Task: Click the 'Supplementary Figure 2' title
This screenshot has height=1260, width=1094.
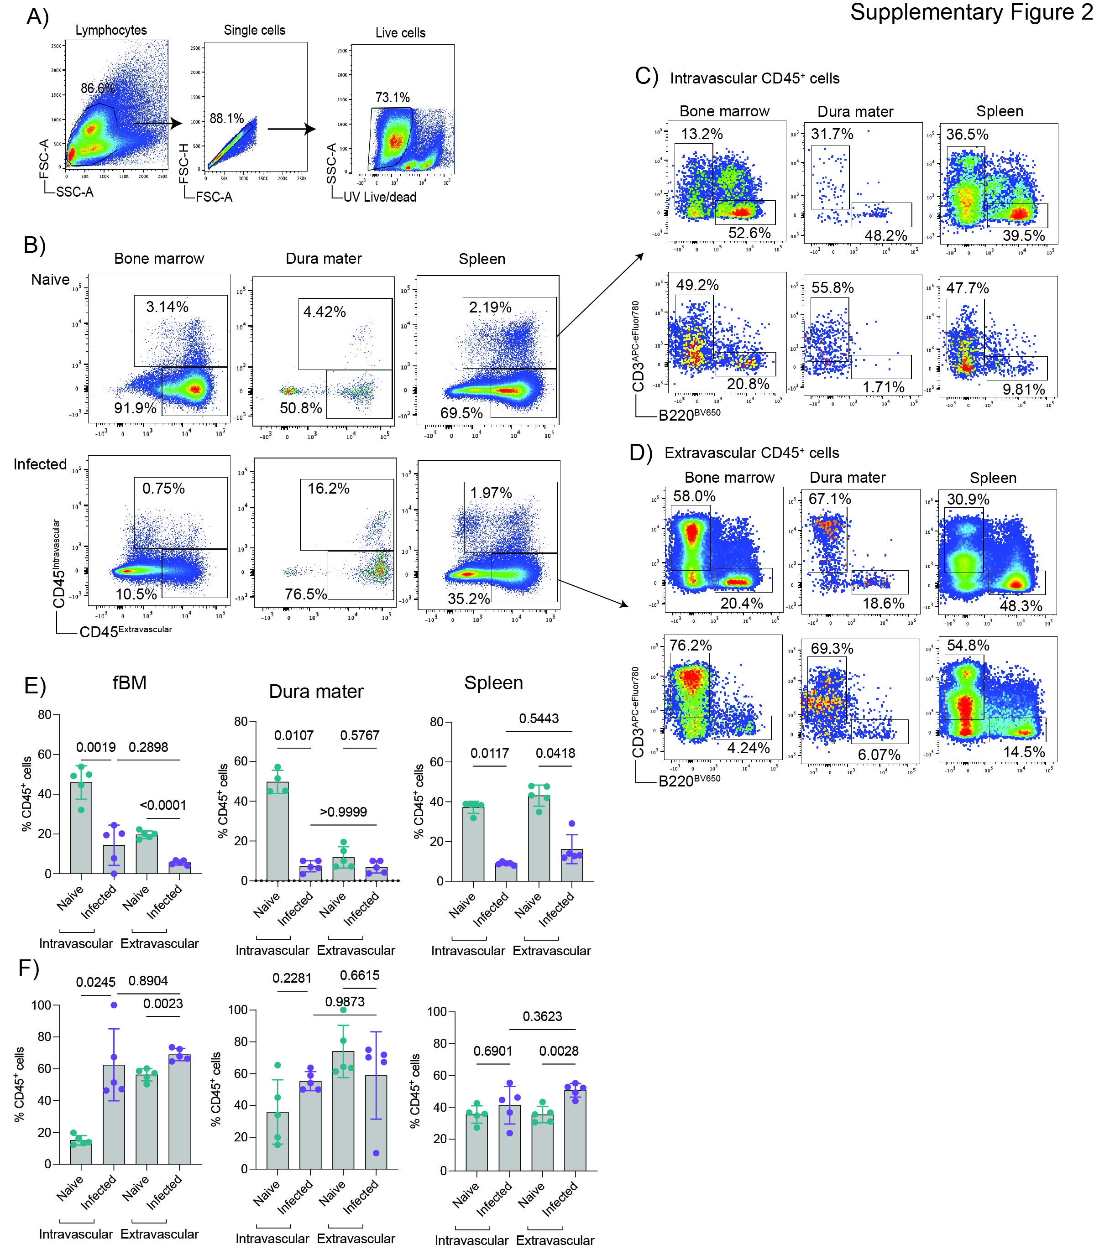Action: [971, 12]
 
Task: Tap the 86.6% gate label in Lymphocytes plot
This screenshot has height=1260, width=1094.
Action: [98, 88]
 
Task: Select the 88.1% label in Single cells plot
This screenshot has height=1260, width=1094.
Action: [226, 118]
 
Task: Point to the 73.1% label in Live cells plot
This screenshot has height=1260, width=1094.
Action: [393, 98]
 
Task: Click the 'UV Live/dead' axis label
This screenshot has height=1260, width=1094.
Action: [380, 197]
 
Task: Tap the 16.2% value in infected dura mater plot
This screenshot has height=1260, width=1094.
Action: [329, 489]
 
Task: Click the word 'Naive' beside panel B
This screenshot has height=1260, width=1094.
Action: [50, 280]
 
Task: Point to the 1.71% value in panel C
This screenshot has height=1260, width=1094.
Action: [884, 387]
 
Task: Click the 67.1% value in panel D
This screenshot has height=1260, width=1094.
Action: [830, 499]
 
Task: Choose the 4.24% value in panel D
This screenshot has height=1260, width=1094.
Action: [749, 748]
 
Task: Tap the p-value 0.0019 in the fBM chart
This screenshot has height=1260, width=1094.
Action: [96, 747]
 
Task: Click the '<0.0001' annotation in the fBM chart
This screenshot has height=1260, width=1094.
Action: [163, 806]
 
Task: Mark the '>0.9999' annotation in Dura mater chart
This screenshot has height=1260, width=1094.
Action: [343, 812]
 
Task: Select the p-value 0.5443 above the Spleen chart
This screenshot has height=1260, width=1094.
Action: [539, 719]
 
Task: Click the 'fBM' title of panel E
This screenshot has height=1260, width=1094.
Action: [130, 683]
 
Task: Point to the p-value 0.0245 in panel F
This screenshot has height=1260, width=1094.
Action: [96, 982]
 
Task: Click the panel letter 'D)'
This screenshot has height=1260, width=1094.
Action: [640, 453]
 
